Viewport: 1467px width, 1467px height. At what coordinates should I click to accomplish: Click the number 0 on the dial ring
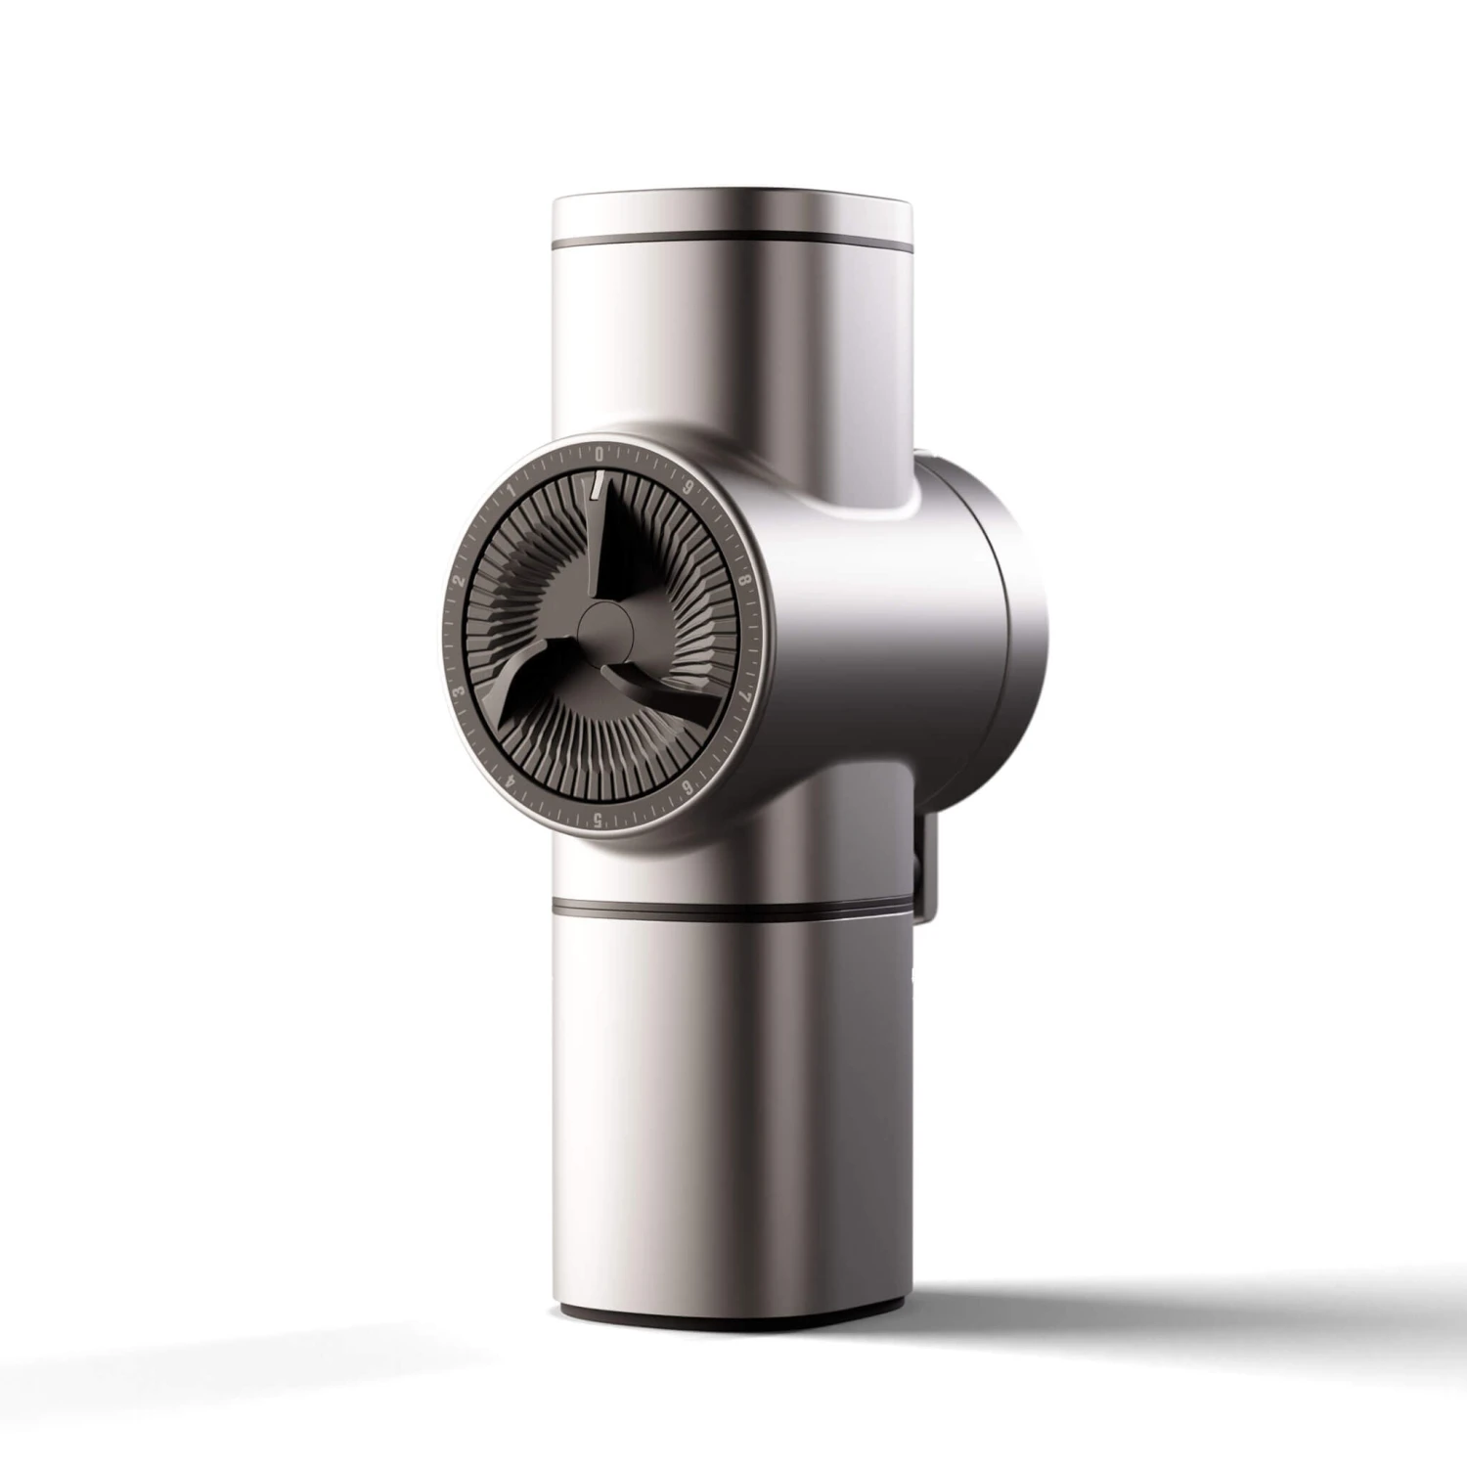(x=599, y=453)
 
